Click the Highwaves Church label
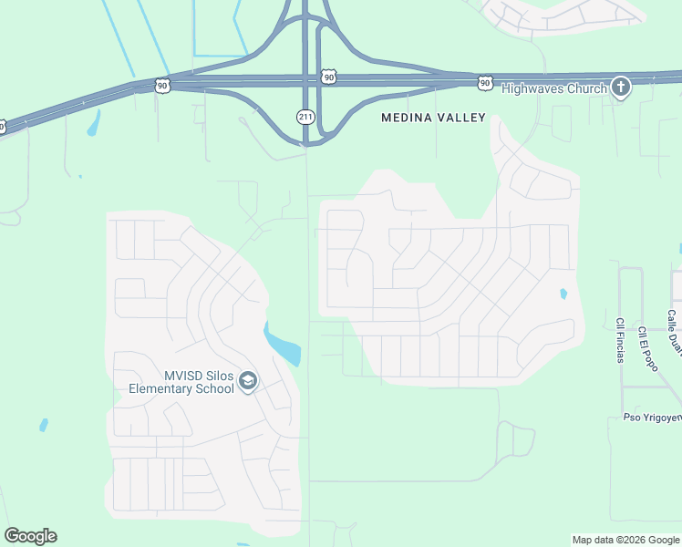tap(553, 88)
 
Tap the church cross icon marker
tap(620, 88)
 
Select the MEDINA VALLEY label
tap(433, 118)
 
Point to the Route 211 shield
tap(305, 116)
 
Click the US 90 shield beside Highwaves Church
tap(485, 83)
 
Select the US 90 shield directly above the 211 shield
tap(328, 78)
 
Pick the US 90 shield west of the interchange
tap(162, 85)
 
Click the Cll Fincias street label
tap(619, 339)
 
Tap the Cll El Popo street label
tap(646, 346)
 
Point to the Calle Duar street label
tap(673, 332)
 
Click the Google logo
tap(30, 536)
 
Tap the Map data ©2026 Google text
tap(626, 540)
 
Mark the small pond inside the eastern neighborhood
tap(563, 294)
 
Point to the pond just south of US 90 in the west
tap(93, 123)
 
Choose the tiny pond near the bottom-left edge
tap(43, 425)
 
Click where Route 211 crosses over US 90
tap(305, 81)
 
